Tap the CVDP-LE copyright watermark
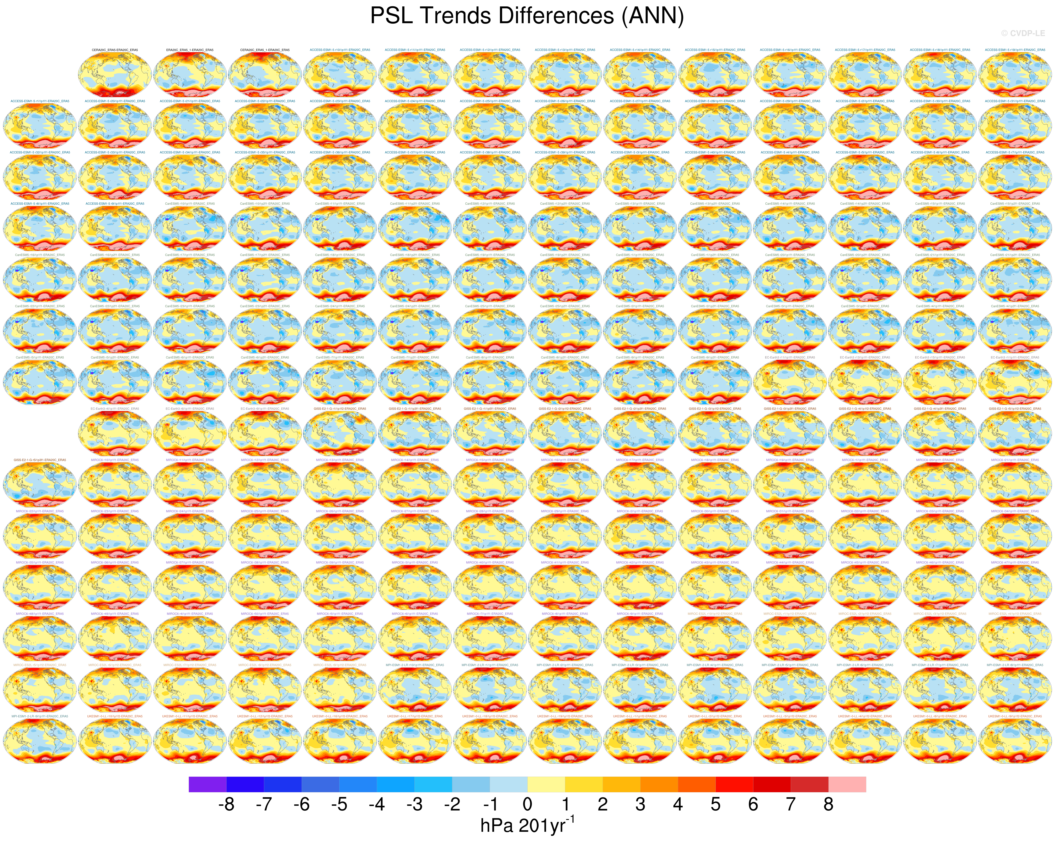click(1023, 33)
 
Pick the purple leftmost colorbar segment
click(207, 784)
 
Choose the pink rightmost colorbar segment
click(847, 784)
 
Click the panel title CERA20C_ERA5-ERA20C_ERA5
click(114, 50)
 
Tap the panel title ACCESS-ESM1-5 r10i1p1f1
click(340, 50)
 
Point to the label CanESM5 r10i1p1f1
click(190, 204)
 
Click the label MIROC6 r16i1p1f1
click(565, 460)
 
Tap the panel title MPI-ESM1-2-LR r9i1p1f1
click(40, 716)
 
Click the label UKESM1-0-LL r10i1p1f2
click(114, 716)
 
